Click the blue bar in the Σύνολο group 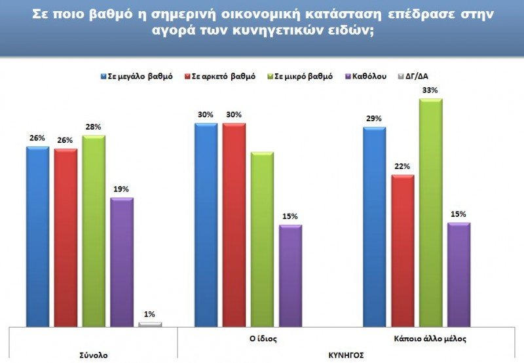click(x=37, y=236)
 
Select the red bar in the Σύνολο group click(x=65, y=237)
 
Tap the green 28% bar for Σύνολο click(x=94, y=231)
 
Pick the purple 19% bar click(x=122, y=261)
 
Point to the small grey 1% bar click(x=150, y=324)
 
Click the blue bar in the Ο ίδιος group click(x=206, y=224)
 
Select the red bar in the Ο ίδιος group click(x=234, y=224)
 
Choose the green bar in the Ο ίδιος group click(x=262, y=239)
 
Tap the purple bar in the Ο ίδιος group click(x=290, y=275)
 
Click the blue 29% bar click(x=374, y=226)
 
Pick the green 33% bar click(x=430, y=212)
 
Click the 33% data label click(x=431, y=90)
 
